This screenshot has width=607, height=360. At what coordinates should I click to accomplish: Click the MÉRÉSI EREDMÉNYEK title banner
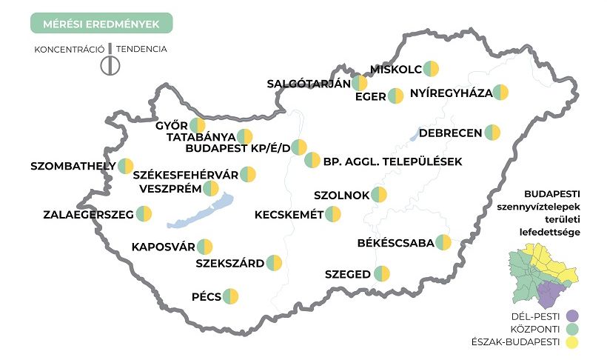tap(101, 23)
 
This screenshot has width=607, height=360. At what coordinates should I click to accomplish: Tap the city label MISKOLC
tap(396, 70)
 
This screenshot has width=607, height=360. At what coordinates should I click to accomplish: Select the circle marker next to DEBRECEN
tap(492, 133)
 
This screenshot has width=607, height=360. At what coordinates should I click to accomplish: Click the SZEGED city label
tap(348, 274)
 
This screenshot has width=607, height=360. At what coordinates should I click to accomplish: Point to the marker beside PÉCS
tap(232, 297)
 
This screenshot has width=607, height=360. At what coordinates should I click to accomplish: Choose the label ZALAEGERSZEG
tap(87, 215)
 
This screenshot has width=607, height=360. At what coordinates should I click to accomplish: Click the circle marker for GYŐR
tap(198, 126)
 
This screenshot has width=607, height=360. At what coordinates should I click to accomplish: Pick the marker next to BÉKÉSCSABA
tap(443, 242)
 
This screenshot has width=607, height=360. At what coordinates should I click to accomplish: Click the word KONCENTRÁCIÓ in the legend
tap(67, 50)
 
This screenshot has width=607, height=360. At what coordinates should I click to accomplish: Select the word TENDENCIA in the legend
tap(141, 50)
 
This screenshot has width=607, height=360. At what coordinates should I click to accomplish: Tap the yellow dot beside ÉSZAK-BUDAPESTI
tap(570, 342)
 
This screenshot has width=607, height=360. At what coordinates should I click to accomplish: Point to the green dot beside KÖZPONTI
tap(570, 329)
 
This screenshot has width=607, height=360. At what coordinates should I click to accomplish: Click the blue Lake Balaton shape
tap(196, 213)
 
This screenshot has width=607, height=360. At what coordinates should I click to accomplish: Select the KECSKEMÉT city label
tap(289, 215)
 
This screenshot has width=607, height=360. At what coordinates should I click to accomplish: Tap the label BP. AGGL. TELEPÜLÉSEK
tap(392, 161)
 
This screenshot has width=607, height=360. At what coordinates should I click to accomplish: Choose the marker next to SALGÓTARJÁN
tap(359, 83)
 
